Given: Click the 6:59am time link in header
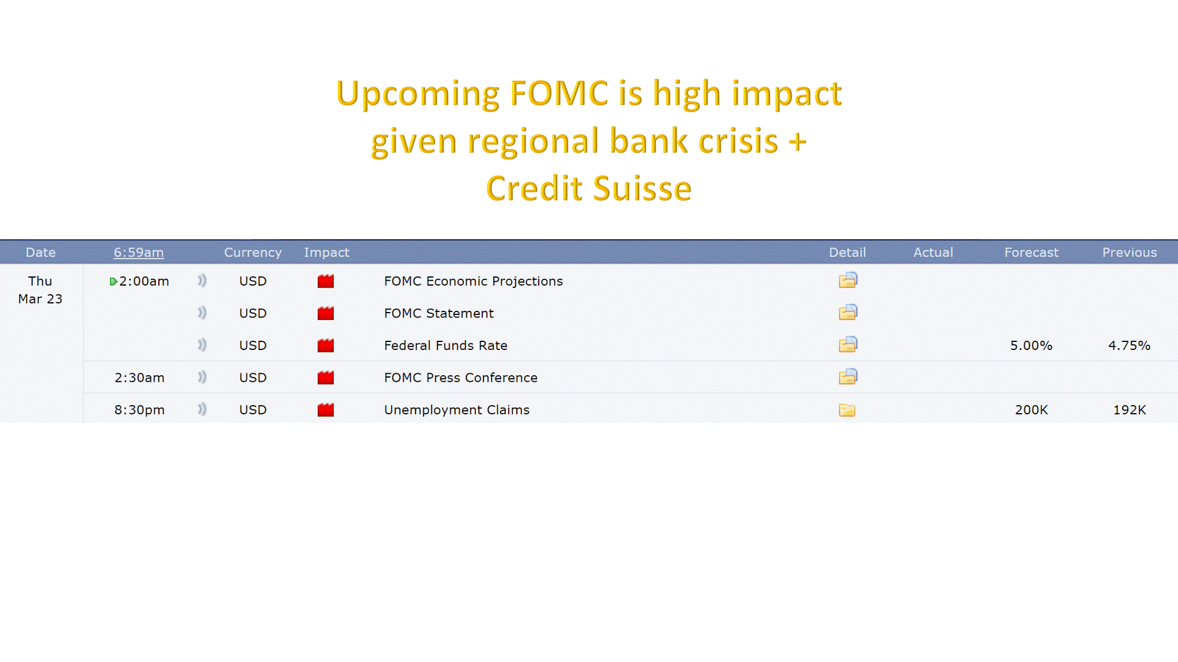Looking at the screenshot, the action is pyautogui.click(x=139, y=253).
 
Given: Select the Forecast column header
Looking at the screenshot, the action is pyautogui.click(x=1031, y=253).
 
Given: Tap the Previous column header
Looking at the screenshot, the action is pyautogui.click(x=1130, y=253).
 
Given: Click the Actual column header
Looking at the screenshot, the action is pyautogui.click(x=933, y=253).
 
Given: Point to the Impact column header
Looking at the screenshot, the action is pyautogui.click(x=326, y=253).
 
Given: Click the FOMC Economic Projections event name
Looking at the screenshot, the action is pyautogui.click(x=473, y=281).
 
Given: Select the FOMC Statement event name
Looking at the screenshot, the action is pyautogui.click(x=439, y=313).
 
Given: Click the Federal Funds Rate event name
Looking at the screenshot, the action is pyautogui.click(x=445, y=346).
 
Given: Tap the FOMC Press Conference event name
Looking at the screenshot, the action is pyautogui.click(x=461, y=378).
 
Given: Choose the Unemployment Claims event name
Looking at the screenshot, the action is pyautogui.click(x=456, y=410).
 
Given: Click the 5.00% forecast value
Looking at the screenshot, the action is pyautogui.click(x=1031, y=346).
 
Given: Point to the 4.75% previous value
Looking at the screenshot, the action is pyautogui.click(x=1130, y=346).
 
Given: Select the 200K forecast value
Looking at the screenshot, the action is pyautogui.click(x=1031, y=410).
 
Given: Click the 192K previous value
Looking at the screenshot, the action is pyautogui.click(x=1130, y=410).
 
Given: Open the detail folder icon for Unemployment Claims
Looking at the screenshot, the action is pyautogui.click(x=847, y=410).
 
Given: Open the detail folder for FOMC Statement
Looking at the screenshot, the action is pyautogui.click(x=848, y=313).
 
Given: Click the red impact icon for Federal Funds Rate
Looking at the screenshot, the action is pyautogui.click(x=326, y=346).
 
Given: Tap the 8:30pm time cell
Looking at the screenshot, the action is pyautogui.click(x=139, y=410).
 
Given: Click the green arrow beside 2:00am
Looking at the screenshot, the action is pyautogui.click(x=113, y=282).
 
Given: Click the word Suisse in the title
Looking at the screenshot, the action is pyautogui.click(x=642, y=188).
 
